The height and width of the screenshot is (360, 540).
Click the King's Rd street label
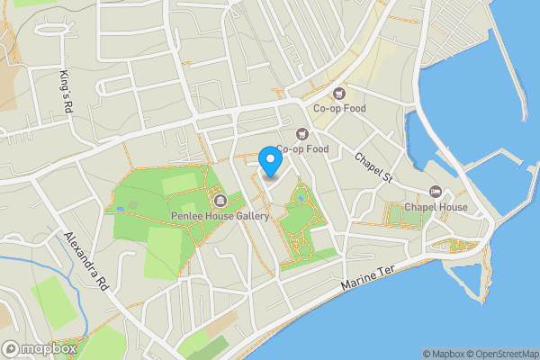tap(65, 92)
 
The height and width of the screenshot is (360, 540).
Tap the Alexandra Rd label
tap(85, 261)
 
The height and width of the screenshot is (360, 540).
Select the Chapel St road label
tap(374, 165)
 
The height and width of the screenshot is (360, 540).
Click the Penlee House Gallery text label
tap(220, 216)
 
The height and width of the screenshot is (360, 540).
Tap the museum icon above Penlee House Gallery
tap(220, 199)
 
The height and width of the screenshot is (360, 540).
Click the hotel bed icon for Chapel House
tap(436, 191)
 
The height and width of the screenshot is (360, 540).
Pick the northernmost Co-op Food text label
tap(339, 109)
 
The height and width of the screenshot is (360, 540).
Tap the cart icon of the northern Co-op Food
tap(339, 93)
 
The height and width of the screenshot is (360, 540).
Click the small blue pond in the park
tap(301, 196)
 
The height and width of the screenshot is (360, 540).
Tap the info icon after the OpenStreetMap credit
tap(535, 354)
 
